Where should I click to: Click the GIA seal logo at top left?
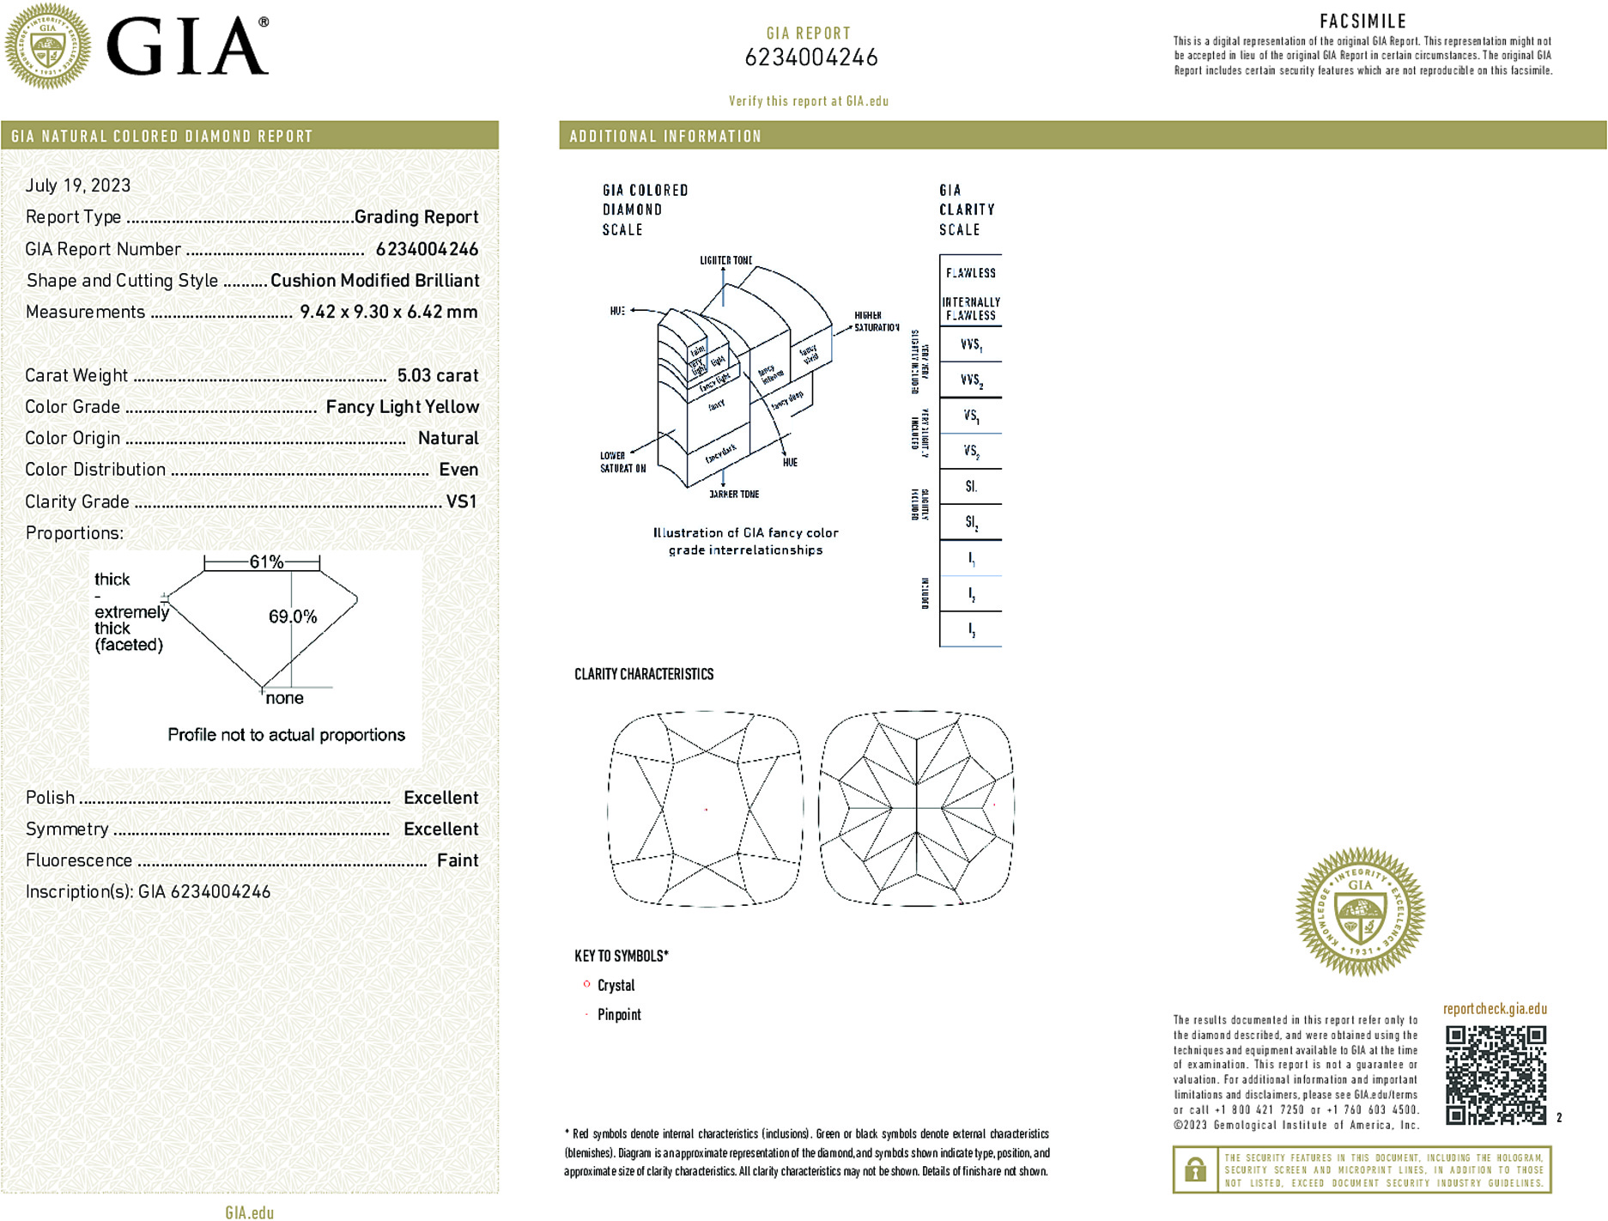click(48, 46)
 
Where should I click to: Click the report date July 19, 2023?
click(78, 185)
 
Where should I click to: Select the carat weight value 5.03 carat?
click(437, 375)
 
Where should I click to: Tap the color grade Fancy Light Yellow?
click(402, 407)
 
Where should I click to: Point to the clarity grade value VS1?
click(461, 501)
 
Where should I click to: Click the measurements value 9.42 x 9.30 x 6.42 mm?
click(388, 312)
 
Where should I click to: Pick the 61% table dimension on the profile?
click(266, 562)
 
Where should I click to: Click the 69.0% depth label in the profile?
click(293, 617)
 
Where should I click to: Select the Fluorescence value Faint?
click(458, 860)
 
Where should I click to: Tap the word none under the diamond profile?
click(285, 698)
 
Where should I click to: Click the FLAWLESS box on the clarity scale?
click(971, 273)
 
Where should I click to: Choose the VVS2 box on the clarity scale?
click(971, 380)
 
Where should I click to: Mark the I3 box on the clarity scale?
click(971, 629)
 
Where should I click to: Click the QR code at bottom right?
click(1496, 1075)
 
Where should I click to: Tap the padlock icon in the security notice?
click(1195, 1169)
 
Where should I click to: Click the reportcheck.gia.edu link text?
click(1495, 1009)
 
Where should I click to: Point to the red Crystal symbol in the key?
click(587, 984)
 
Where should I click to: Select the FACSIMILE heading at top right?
click(1362, 21)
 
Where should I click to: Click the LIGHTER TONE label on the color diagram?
click(725, 260)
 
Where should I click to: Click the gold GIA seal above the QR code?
click(1360, 912)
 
